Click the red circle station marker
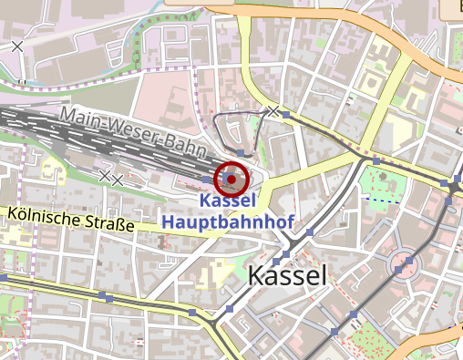coord(231,179)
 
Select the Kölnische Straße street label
coord(68,219)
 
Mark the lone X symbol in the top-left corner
coord(17,46)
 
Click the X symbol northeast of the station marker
coord(273,110)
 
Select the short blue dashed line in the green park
coord(382,198)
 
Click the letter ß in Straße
coord(117,224)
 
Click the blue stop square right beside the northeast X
coord(285,114)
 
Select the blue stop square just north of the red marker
coord(239,151)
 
